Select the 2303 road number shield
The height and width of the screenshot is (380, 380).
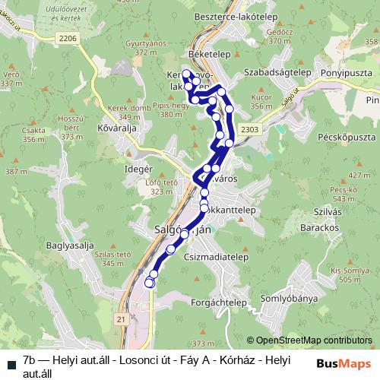point(249,129)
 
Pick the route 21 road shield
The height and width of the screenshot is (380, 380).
point(121,321)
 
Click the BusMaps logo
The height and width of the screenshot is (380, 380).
point(344,360)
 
